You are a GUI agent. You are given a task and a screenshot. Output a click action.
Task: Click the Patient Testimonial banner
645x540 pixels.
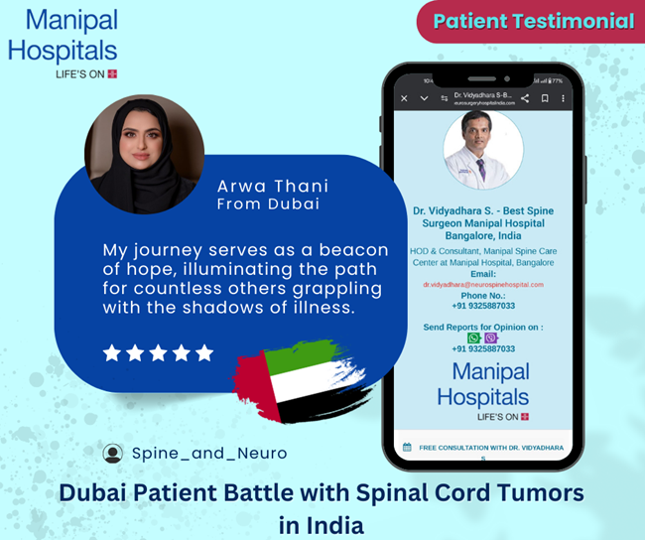[534, 20]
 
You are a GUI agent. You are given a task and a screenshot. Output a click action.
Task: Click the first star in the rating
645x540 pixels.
[112, 352]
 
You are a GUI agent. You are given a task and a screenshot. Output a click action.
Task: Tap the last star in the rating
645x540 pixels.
[204, 352]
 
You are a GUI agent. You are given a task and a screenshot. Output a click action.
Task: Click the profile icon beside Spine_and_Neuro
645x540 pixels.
[113, 453]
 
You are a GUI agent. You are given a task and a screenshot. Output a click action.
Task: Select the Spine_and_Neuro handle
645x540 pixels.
[209, 453]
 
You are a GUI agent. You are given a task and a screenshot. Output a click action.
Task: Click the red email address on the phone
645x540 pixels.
[483, 285]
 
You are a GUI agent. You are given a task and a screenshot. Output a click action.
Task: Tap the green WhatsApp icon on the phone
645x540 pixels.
[474, 338]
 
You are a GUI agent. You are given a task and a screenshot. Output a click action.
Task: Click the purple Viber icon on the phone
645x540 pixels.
[491, 338]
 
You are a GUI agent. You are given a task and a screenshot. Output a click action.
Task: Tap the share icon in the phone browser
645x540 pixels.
[524, 98]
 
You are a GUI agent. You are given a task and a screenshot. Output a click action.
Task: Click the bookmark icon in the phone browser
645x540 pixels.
[544, 98]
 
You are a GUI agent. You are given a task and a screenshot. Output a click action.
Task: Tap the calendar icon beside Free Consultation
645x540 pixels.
[405, 447]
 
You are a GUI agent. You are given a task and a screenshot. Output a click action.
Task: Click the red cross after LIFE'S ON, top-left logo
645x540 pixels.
[112, 73]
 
